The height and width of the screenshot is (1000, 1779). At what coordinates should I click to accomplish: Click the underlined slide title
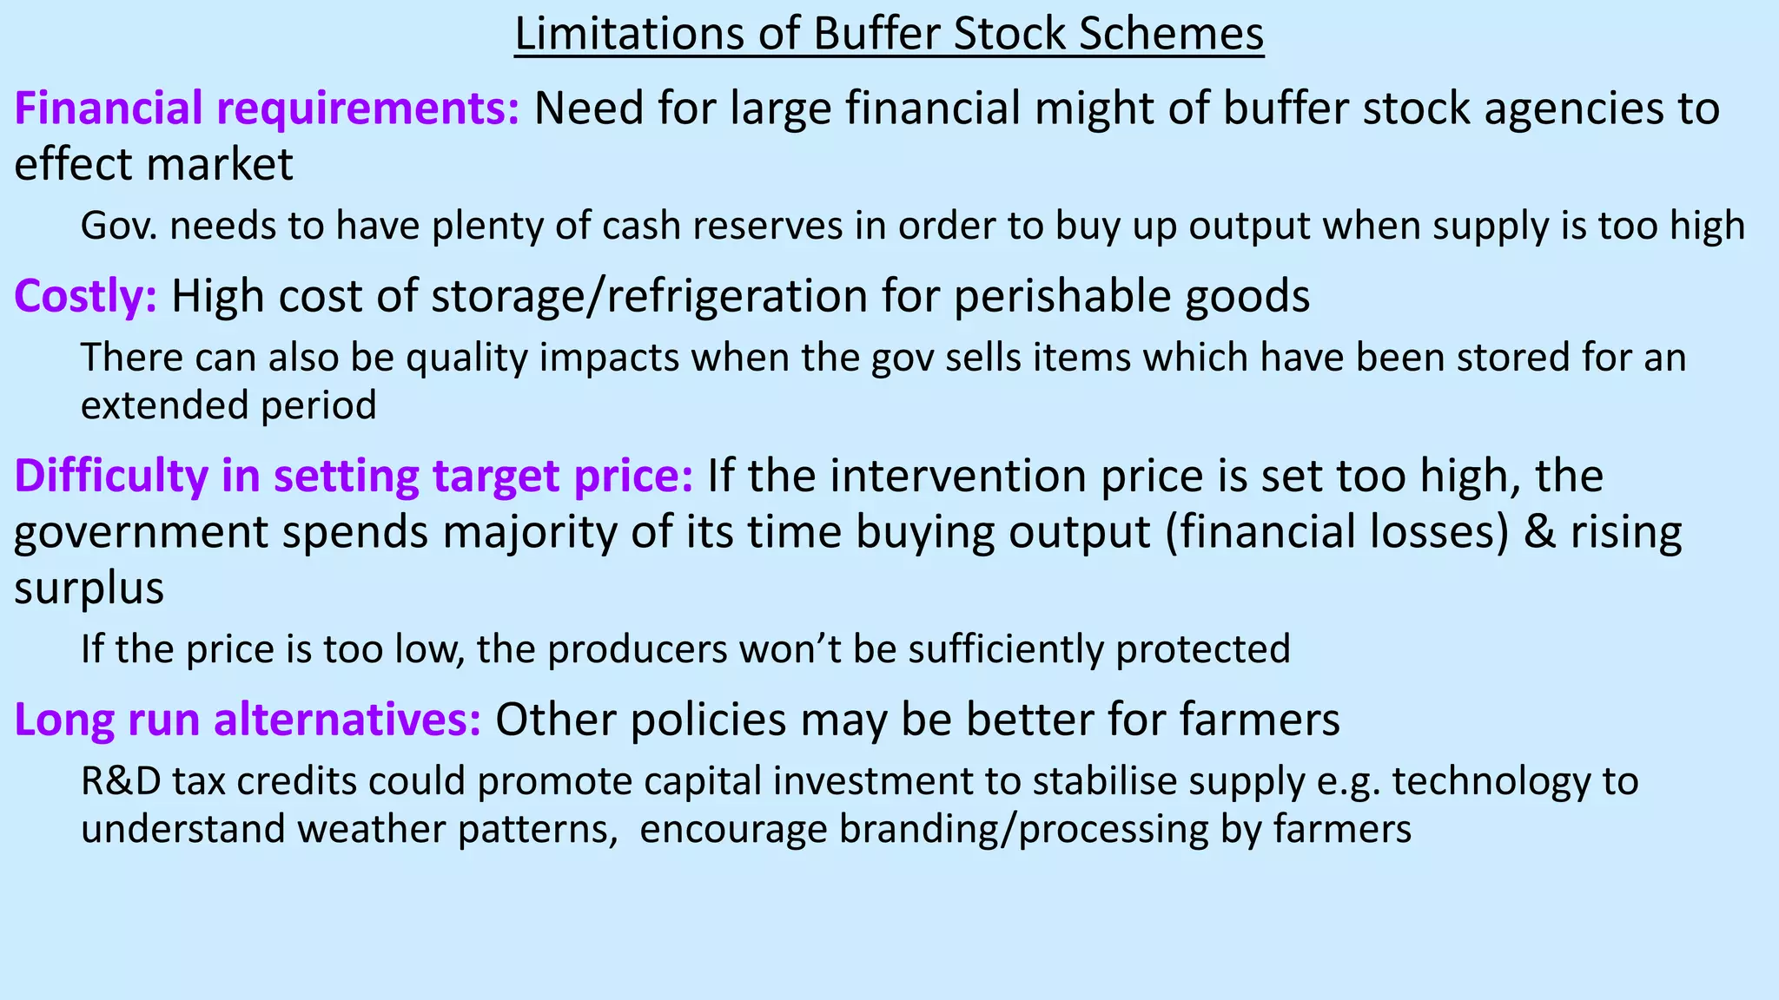click(x=889, y=35)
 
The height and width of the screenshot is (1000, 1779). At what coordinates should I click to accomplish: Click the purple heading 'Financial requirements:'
click(x=267, y=109)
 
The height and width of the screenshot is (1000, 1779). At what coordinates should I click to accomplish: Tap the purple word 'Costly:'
click(x=85, y=297)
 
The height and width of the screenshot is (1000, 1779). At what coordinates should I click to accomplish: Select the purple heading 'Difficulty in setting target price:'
click(x=354, y=477)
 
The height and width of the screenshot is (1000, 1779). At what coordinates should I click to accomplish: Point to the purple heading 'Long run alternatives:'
click(x=248, y=720)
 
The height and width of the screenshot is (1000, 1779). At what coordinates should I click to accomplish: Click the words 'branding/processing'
click(x=1023, y=829)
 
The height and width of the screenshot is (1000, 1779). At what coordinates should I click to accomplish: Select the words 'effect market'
click(x=154, y=165)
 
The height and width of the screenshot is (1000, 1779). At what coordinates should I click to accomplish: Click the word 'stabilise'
click(x=1106, y=781)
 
